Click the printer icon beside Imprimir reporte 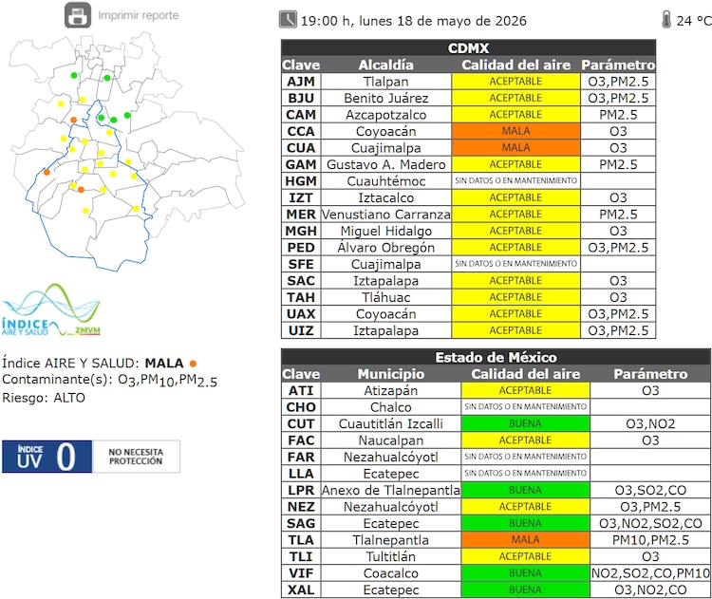point(78,15)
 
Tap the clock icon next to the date point(288,20)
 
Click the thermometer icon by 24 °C point(666,20)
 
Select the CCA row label point(301,131)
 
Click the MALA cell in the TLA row point(525,539)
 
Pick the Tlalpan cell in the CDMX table point(386,82)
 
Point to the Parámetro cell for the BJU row point(618,98)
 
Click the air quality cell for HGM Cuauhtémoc point(515,180)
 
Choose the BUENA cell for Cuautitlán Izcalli point(525,423)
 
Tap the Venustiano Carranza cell point(386,214)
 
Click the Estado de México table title point(496,357)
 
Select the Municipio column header point(391,374)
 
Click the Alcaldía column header point(386,65)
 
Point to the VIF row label point(301,573)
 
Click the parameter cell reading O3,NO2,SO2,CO point(650,523)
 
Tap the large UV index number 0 point(66,457)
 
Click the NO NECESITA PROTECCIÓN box point(136,457)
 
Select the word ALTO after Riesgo point(69,398)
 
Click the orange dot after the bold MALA point(193,364)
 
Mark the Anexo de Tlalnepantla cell point(391,490)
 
